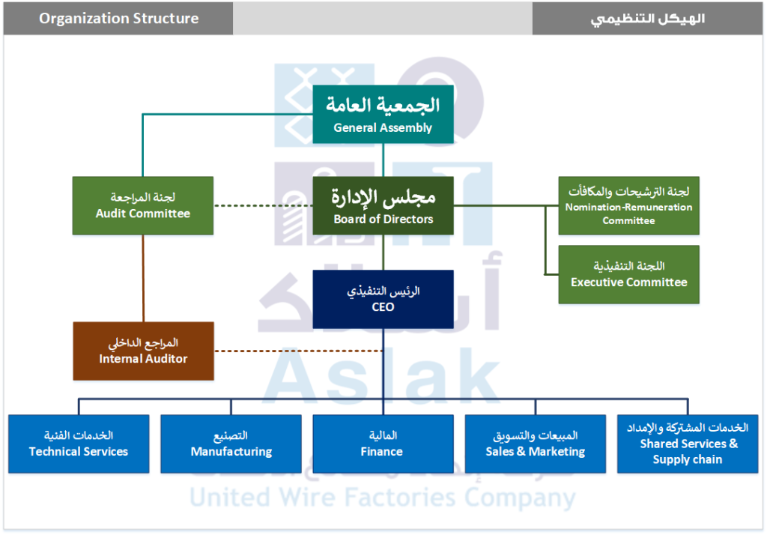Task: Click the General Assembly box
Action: pyautogui.click(x=383, y=115)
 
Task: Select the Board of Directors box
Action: pyautogui.click(x=383, y=205)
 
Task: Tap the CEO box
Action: pyautogui.click(x=383, y=299)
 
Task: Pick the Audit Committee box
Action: pyautogui.click(x=143, y=205)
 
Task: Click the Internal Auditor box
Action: pyautogui.click(x=143, y=351)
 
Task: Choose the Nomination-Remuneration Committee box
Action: pyautogui.click(x=628, y=205)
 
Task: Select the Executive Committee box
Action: pyautogui.click(x=628, y=274)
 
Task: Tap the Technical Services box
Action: pyautogui.click(x=79, y=444)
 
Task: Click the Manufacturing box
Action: pyautogui.click(x=231, y=444)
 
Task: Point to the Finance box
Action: pyautogui.click(x=383, y=444)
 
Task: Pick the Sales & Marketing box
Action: pyautogui.click(x=535, y=444)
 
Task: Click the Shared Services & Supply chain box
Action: pyautogui.click(x=687, y=444)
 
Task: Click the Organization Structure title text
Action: pyautogui.click(x=119, y=18)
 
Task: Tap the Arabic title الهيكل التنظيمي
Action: pyautogui.click(x=648, y=18)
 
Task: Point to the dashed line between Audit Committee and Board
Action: pyautogui.click(x=263, y=205)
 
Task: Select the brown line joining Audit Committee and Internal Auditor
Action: pyautogui.click(x=143, y=277)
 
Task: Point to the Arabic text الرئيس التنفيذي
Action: pyautogui.click(x=383, y=291)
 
